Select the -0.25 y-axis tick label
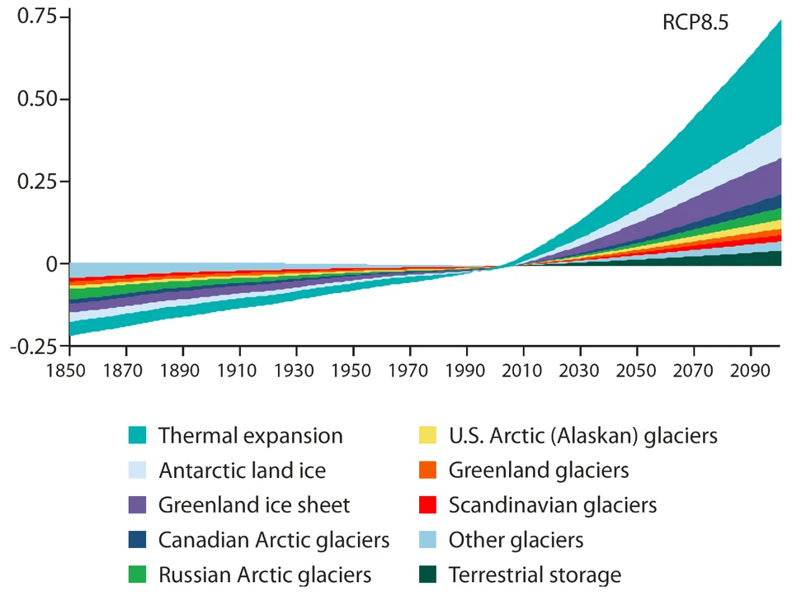click(x=35, y=346)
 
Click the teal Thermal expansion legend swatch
click(x=138, y=435)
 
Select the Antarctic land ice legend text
click(x=242, y=471)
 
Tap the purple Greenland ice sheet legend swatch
click(x=138, y=504)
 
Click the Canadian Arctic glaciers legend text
click(x=274, y=540)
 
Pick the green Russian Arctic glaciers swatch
click(x=138, y=575)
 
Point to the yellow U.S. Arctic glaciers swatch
click(x=428, y=435)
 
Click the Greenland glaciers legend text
click(x=539, y=471)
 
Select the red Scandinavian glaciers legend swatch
click(x=428, y=504)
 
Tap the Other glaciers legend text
click(x=516, y=540)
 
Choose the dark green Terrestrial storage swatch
click(x=428, y=575)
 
